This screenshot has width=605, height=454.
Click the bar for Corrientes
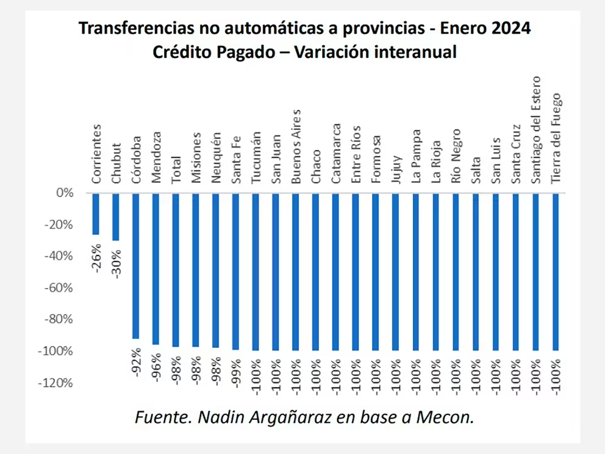click(96, 214)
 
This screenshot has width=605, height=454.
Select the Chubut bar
click(116, 217)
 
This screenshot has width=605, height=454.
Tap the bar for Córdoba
click(135, 265)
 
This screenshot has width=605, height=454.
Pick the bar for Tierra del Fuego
click(556, 272)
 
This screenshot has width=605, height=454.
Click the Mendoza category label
click(156, 157)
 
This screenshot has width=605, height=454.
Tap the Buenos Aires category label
click(296, 146)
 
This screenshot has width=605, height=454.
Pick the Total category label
click(176, 168)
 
